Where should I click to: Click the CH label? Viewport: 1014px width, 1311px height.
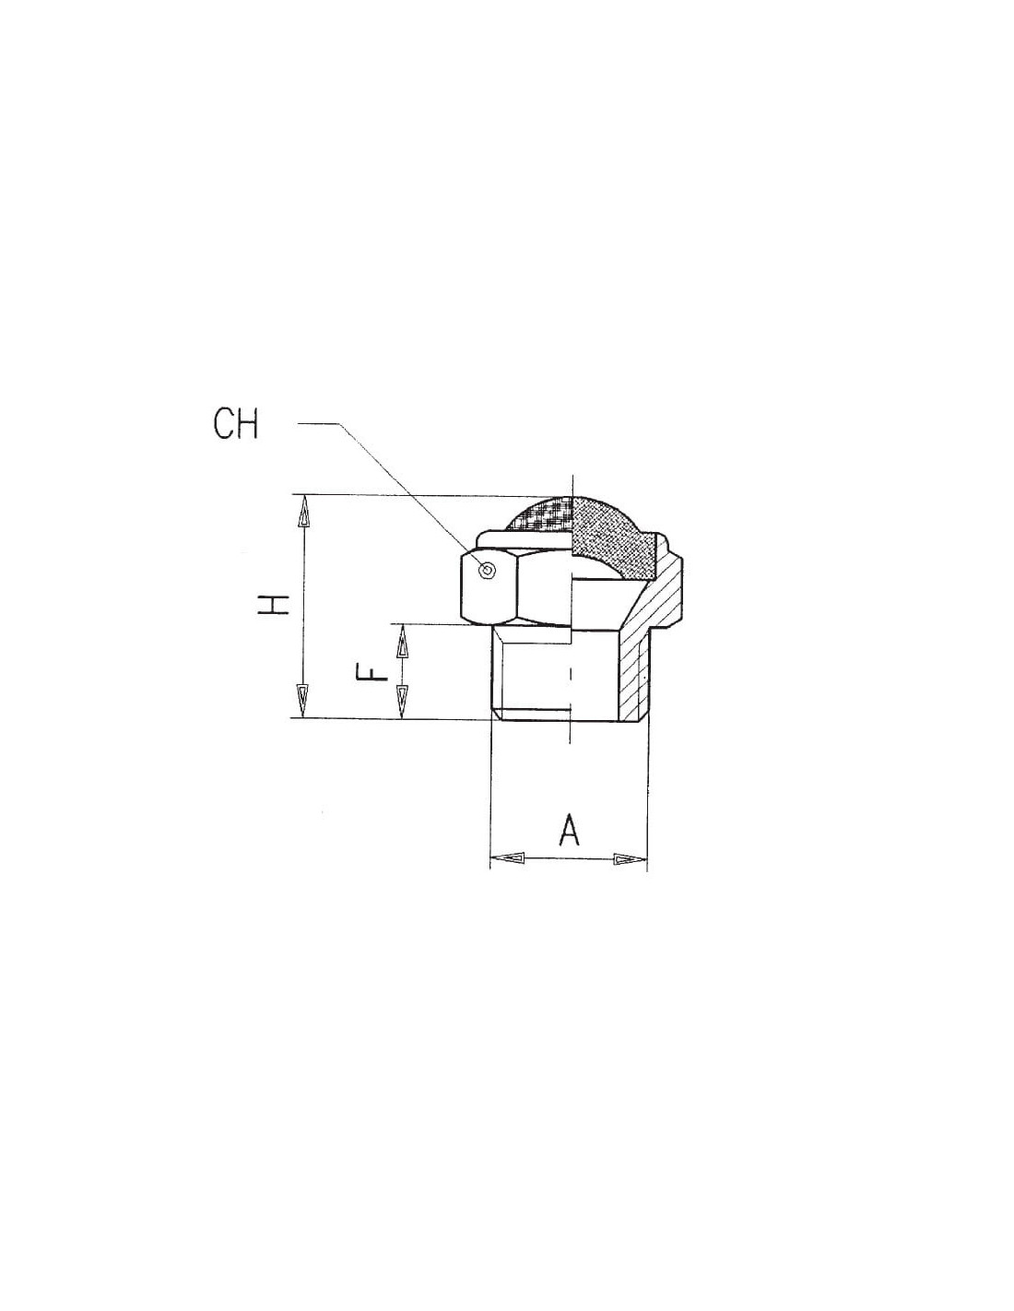click(236, 425)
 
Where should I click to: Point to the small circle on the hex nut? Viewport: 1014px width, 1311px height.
click(488, 570)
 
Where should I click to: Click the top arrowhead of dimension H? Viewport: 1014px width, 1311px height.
click(305, 512)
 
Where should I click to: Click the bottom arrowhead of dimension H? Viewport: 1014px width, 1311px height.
click(305, 701)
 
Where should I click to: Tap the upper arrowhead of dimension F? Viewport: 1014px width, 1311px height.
click(401, 641)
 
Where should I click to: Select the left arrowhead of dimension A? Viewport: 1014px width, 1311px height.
click(507, 857)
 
